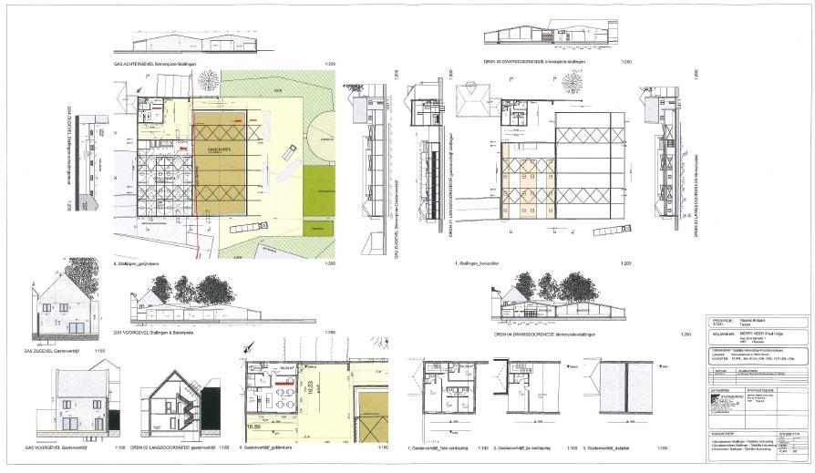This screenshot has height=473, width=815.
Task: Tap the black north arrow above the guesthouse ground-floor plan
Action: pyautogui.click(x=246, y=348)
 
